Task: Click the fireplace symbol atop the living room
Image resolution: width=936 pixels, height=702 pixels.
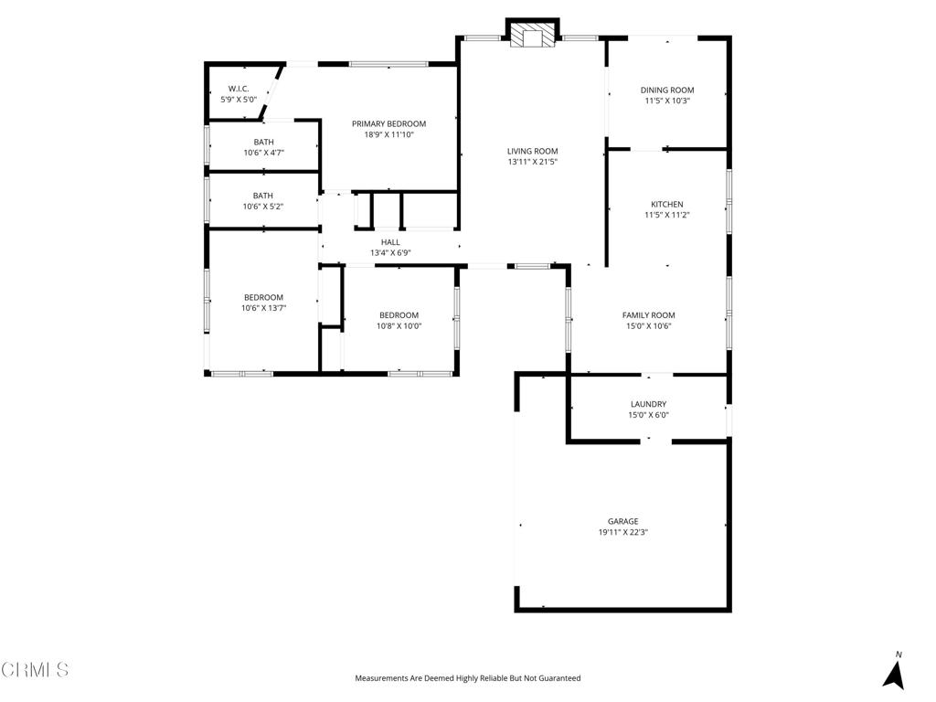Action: (x=533, y=36)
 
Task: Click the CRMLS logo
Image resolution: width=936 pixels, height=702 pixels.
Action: (x=35, y=670)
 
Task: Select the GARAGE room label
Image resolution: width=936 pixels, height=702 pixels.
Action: (x=623, y=521)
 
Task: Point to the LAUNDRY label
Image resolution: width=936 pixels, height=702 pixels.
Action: (x=648, y=404)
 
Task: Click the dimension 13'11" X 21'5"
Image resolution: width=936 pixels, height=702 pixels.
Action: (x=533, y=162)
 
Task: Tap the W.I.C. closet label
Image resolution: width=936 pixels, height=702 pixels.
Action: (x=239, y=89)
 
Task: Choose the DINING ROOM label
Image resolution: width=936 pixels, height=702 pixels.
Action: (x=667, y=90)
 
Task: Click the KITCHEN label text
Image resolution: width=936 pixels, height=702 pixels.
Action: (x=667, y=204)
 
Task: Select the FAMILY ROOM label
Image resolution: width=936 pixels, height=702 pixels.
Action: (x=649, y=315)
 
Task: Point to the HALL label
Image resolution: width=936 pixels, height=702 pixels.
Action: (x=390, y=242)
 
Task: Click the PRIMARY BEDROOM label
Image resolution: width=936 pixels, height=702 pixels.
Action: (x=389, y=123)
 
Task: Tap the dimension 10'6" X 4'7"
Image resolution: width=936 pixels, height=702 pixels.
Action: (x=264, y=153)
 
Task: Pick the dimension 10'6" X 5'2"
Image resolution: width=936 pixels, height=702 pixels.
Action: (x=263, y=207)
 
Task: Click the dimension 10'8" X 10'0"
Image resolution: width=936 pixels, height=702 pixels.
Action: (x=399, y=325)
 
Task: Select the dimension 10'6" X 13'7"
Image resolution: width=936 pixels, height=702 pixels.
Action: (x=263, y=308)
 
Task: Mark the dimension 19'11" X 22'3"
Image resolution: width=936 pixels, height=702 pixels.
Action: (x=623, y=532)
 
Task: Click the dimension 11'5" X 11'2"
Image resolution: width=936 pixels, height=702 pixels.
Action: (x=667, y=215)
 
